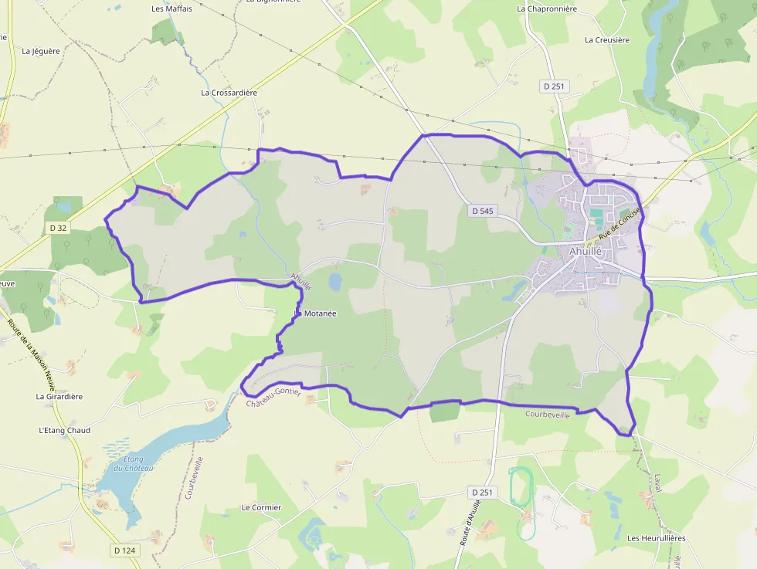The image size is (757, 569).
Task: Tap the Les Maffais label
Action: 171,9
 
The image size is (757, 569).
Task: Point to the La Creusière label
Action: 607,39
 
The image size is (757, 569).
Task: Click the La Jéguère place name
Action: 41,52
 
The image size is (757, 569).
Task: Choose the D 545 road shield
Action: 481,210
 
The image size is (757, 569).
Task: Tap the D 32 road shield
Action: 58,228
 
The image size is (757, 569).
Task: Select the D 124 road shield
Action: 124,550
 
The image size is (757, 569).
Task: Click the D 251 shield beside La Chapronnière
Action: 555,87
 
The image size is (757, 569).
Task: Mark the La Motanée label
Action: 315,313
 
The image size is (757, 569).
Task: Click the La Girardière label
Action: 59,396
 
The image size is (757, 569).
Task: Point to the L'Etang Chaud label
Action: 64,430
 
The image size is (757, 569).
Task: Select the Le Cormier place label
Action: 261,507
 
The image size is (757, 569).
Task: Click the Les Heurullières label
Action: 656,538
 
